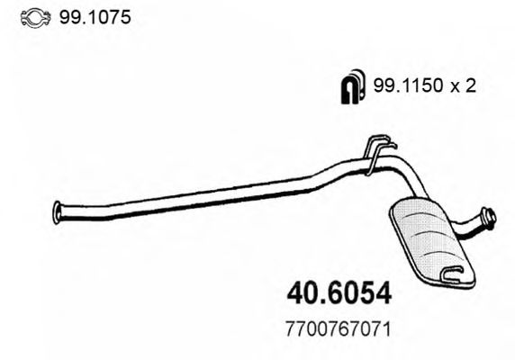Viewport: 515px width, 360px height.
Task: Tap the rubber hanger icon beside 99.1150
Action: pyautogui.click(x=351, y=85)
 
